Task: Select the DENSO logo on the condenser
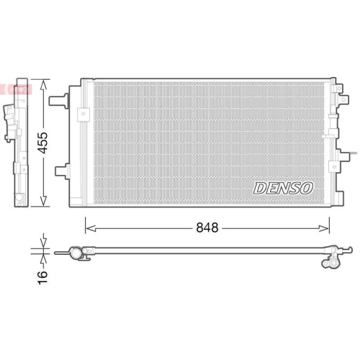click(x=283, y=188)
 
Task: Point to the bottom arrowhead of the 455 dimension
click(x=45, y=202)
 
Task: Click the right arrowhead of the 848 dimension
click(x=327, y=228)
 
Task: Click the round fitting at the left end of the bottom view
click(x=75, y=252)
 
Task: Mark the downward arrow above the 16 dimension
click(x=45, y=242)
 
